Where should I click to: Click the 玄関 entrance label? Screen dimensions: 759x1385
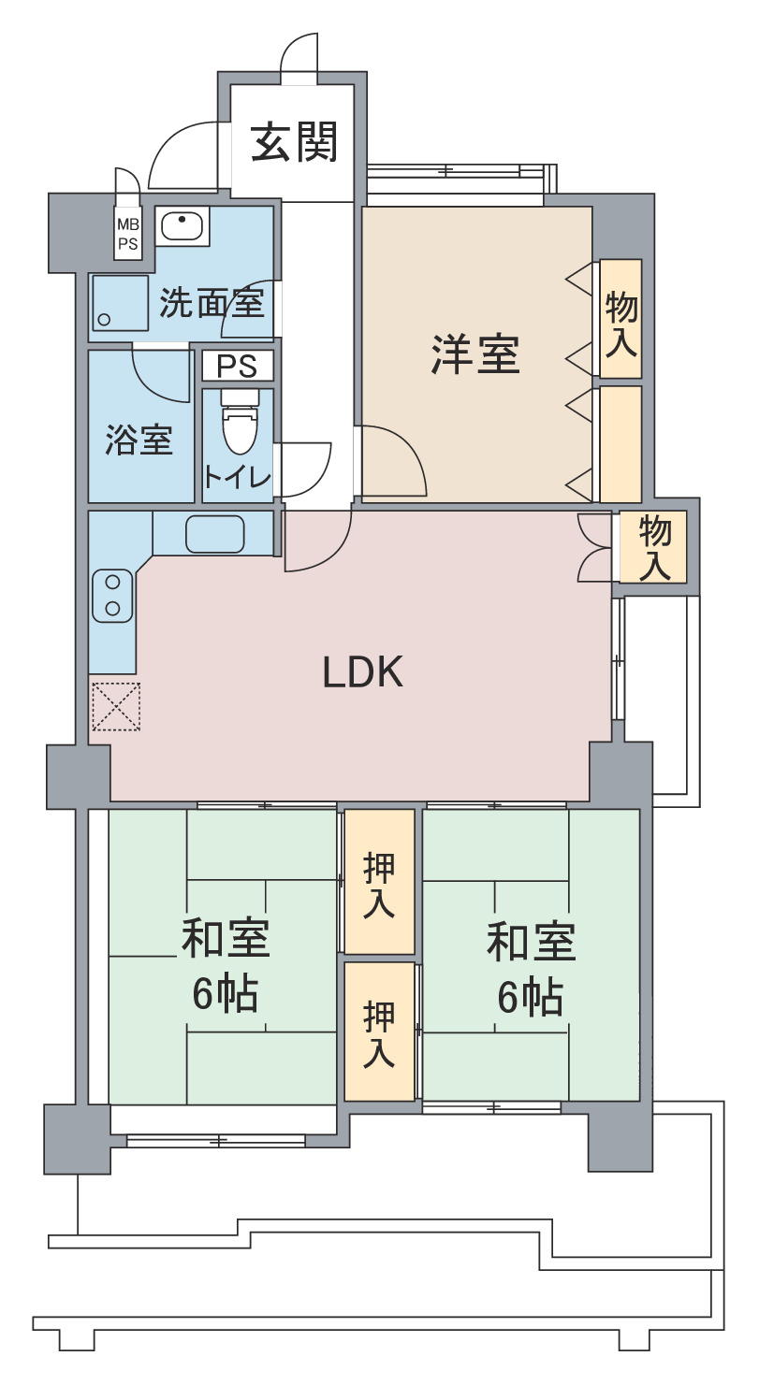[294, 141]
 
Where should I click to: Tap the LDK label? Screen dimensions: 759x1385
[363, 671]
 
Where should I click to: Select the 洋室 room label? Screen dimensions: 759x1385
[475, 354]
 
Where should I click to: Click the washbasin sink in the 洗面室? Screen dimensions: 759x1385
[182, 226]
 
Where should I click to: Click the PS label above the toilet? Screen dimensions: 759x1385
[237, 367]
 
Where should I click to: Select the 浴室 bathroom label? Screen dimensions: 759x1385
[139, 440]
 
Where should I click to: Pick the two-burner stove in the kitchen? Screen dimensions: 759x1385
[112, 596]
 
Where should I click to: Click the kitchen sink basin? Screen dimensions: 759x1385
[215, 534]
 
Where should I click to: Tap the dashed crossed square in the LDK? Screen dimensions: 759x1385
[115, 706]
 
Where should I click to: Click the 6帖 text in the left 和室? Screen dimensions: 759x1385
[225, 993]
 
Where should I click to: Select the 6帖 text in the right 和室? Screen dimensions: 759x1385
[530, 997]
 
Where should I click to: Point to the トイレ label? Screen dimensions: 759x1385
[238, 477]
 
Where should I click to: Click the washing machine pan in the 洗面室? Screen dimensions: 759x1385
[120, 304]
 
